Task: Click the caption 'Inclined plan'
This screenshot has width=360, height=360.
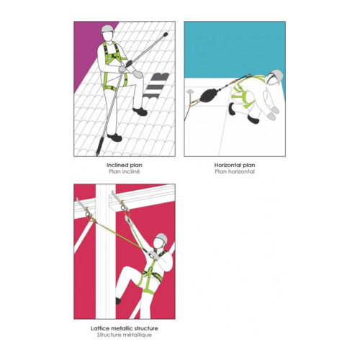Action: tap(125, 165)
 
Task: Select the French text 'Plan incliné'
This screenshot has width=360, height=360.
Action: tap(125, 171)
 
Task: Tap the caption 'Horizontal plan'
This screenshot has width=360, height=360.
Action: tap(235, 165)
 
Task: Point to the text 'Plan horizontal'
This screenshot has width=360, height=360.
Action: tap(235, 171)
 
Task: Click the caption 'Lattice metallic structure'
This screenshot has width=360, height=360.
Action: tap(125, 328)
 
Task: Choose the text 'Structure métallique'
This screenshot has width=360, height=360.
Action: tap(125, 335)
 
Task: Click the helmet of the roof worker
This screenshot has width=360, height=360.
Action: tap(107, 29)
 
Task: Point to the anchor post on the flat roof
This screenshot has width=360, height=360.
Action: tap(190, 96)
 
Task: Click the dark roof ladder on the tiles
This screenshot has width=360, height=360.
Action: tap(156, 86)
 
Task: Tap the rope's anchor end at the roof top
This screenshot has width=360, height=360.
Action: tap(166, 35)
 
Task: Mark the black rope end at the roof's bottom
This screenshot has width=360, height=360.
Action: tap(99, 146)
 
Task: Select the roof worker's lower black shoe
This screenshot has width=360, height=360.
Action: tap(114, 138)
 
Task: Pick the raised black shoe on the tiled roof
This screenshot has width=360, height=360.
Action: tap(140, 112)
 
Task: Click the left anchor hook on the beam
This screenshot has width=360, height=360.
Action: tap(83, 207)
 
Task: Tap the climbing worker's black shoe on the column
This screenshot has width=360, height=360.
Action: tap(118, 301)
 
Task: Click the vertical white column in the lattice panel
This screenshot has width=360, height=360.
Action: tap(106, 251)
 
